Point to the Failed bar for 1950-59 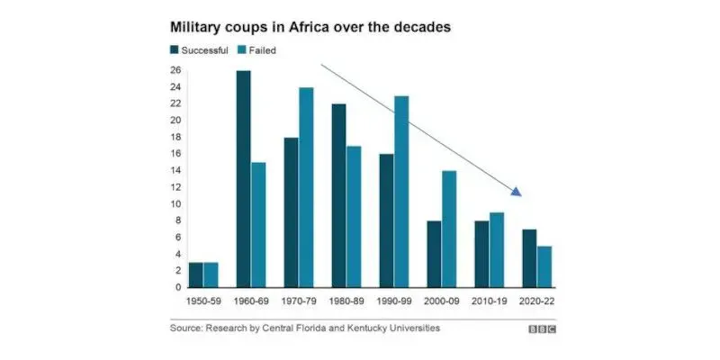[211, 274]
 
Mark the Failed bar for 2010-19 [497, 249]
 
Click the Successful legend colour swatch [175, 50]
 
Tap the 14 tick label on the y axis [175, 170]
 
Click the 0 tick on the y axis [177, 287]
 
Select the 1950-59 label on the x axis [203, 303]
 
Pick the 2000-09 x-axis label [442, 303]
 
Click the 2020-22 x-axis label [537, 303]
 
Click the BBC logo [542, 329]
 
